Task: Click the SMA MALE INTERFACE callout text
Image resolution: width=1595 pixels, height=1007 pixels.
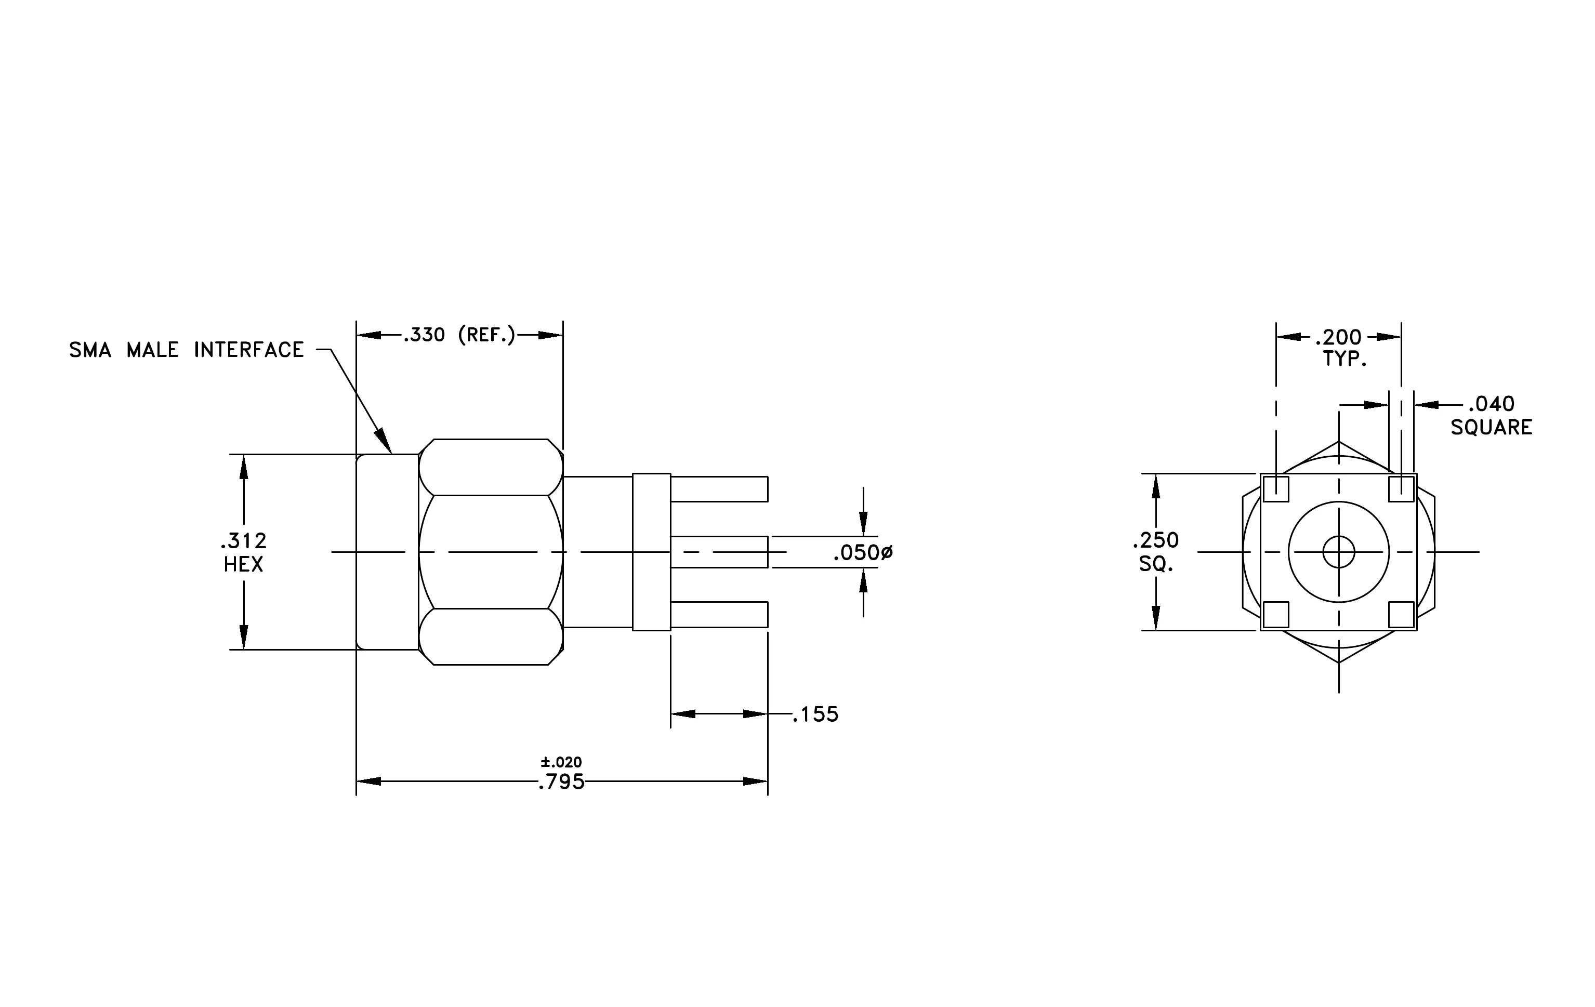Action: (x=186, y=350)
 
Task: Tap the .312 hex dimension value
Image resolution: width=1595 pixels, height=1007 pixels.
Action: (x=244, y=541)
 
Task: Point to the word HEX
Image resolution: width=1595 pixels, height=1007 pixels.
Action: (x=244, y=565)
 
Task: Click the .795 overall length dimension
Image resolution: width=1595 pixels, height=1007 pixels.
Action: (x=562, y=783)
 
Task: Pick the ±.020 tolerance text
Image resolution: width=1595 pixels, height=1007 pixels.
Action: (x=561, y=762)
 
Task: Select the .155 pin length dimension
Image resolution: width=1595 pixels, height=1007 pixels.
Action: (x=816, y=714)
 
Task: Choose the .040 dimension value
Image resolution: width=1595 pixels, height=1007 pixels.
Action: (x=1491, y=404)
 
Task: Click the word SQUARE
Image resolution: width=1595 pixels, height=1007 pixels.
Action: (x=1492, y=428)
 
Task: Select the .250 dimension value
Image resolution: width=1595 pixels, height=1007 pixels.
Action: (x=1156, y=540)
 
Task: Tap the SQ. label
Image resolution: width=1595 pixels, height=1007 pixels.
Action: (x=1156, y=564)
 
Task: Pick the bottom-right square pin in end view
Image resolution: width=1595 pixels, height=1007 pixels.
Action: (x=1402, y=614)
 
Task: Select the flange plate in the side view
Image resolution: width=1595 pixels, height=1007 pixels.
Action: (x=652, y=552)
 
